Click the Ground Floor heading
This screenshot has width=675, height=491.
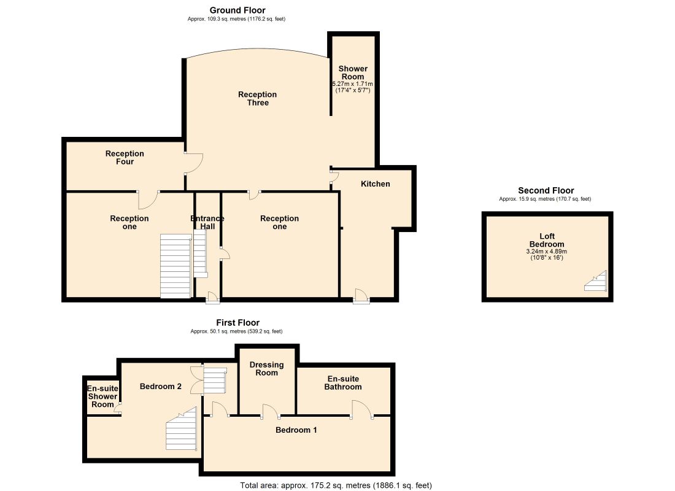tap(237, 10)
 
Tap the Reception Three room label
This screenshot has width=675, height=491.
tap(258, 99)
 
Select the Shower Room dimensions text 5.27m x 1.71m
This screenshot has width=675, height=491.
tap(353, 84)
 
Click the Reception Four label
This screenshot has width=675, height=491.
tap(125, 158)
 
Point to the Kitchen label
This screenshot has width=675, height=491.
tap(376, 184)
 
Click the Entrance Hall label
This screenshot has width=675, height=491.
tap(207, 223)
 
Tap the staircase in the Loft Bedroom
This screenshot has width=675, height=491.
tap(596, 281)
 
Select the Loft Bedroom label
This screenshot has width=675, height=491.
tap(547, 240)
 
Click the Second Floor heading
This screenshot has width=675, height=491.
tap(546, 190)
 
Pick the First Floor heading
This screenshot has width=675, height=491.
tap(237, 323)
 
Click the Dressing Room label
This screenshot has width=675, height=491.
tap(266, 369)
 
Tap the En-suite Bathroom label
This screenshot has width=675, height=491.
tap(343, 383)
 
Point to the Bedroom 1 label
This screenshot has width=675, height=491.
tap(296, 430)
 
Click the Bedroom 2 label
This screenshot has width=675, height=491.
tap(161, 386)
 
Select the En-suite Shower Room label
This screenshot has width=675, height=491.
tap(102, 396)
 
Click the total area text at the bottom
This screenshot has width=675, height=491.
tap(336, 485)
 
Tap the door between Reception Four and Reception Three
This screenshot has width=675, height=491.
tap(194, 163)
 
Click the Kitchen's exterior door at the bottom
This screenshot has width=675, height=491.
tap(361, 296)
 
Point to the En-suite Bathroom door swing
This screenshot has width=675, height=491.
tap(362, 409)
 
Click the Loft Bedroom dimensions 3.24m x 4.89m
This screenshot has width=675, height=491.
tap(547, 252)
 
